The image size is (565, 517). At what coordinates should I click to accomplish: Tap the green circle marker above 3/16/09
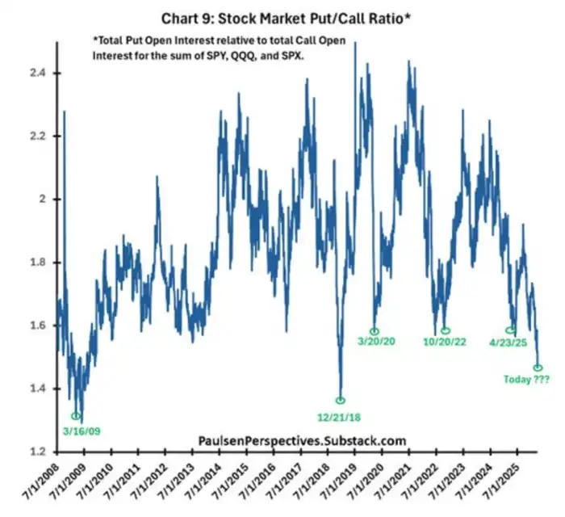[77, 416]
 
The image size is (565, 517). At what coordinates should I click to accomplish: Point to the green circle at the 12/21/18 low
[341, 400]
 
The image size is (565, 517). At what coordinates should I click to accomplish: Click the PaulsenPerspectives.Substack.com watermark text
[302, 439]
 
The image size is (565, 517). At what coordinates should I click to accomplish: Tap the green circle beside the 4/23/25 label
[510, 330]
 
